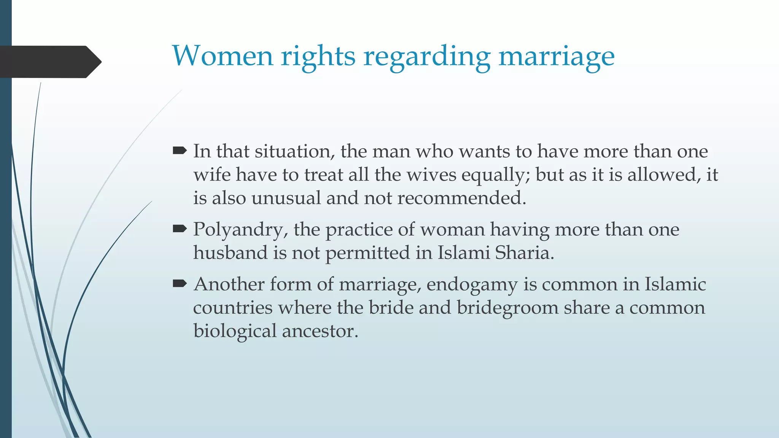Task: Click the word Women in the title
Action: tap(223, 56)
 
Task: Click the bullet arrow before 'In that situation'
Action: tap(180, 151)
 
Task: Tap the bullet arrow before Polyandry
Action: tap(180, 229)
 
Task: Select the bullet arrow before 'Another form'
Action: tap(180, 283)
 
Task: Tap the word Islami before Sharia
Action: tap(463, 253)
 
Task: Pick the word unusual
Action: tap(286, 198)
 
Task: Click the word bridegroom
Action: tap(507, 308)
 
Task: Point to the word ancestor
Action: tap(320, 331)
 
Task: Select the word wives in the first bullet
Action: tap(431, 175)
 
